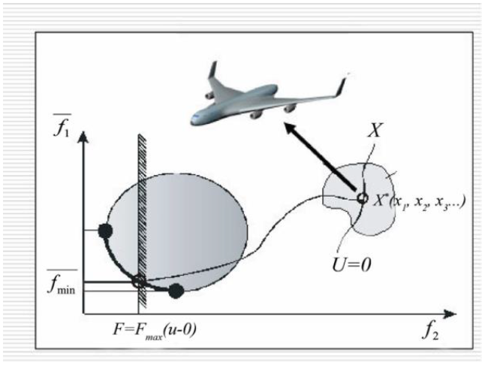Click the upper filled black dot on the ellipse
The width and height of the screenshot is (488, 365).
[106, 231]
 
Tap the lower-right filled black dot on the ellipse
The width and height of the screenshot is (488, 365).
[176, 291]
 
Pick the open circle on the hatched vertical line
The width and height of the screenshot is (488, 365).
[138, 282]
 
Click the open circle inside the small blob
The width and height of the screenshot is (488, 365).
[362, 198]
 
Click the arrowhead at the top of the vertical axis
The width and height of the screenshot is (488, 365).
[83, 136]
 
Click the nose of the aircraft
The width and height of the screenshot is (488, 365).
[193, 119]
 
